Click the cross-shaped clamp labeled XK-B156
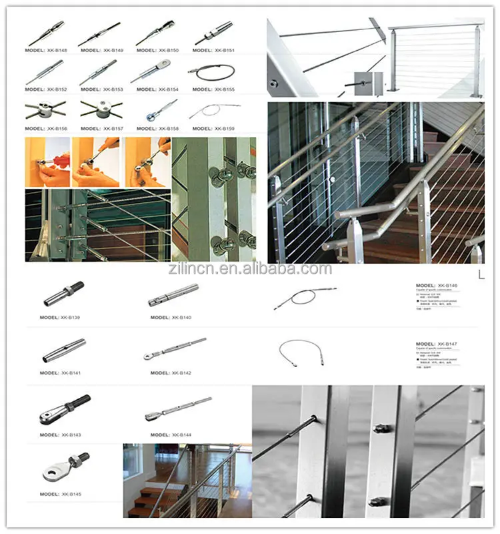pos(45,108)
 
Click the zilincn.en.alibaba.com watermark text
pos(249,269)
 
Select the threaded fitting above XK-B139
pos(63,294)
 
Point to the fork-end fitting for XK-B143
pos(64,409)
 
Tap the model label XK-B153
pos(101,89)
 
